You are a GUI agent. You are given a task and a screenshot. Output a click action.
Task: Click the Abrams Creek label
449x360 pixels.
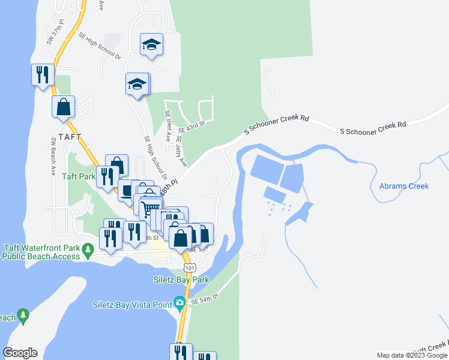pyautogui.click(x=404, y=186)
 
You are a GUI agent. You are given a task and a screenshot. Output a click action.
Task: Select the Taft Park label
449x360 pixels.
pyautogui.click(x=79, y=177)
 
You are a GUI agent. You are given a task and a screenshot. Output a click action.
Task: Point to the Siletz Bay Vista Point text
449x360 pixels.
pyautogui.click(x=133, y=305)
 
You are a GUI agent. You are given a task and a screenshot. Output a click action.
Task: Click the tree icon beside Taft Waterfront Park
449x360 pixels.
pyautogui.click(x=88, y=248)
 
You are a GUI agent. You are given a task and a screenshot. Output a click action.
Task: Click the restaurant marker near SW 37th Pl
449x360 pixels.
pyautogui.click(x=43, y=74)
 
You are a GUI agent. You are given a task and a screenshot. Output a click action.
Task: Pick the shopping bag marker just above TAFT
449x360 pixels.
pyautogui.click(x=63, y=107)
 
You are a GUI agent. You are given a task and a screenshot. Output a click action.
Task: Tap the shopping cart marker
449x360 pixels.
pyautogui.click(x=150, y=208)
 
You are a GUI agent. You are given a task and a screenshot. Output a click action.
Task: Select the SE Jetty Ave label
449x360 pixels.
pyautogui.click(x=182, y=151)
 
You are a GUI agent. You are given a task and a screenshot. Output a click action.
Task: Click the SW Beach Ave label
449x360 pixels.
pyautogui.click(x=53, y=152)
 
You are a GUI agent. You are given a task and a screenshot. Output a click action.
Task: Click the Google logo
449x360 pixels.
pyautogui.click(x=20, y=353)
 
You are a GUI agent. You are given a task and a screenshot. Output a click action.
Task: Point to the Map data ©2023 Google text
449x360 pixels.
pyautogui.click(x=411, y=355)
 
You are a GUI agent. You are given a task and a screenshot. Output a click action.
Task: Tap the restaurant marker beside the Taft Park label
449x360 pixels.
pyautogui.click(x=107, y=176)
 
